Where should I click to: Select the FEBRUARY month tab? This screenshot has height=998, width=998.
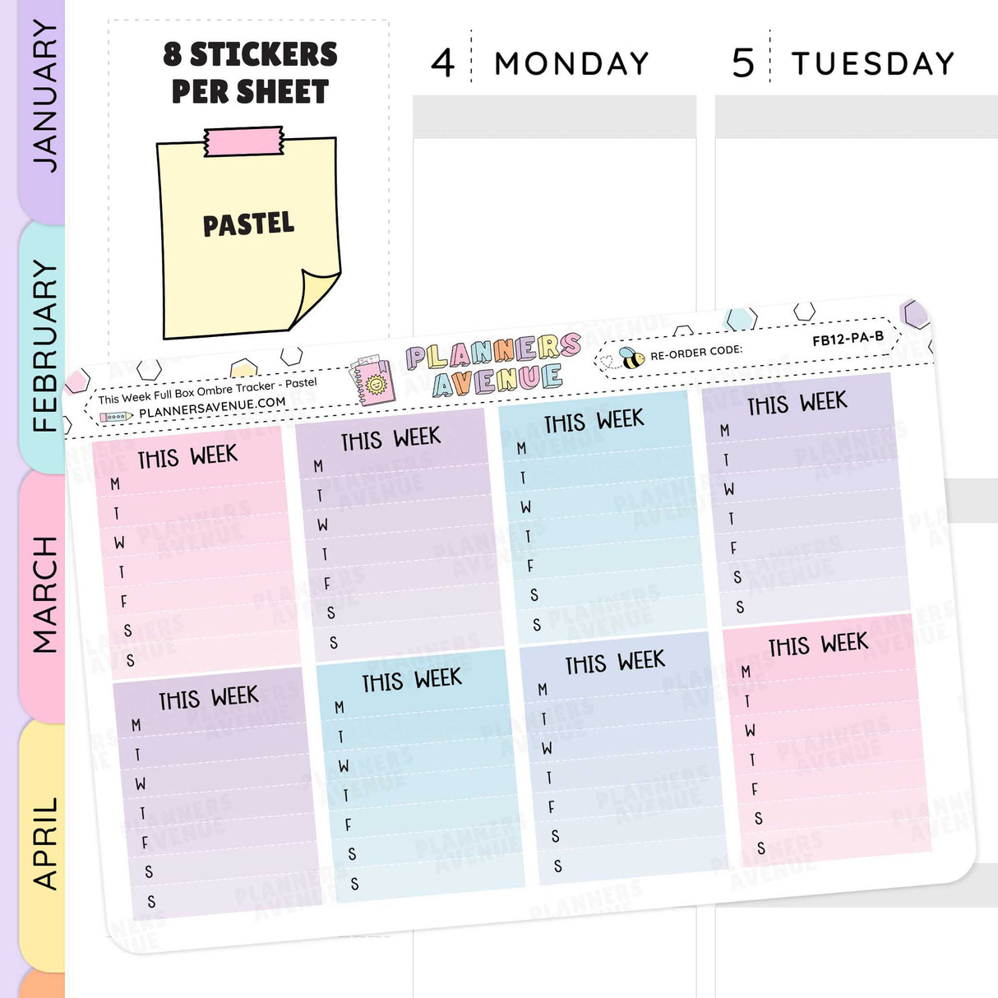(43, 345)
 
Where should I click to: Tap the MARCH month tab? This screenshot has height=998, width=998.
(43, 594)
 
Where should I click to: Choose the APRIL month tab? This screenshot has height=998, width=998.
(43, 843)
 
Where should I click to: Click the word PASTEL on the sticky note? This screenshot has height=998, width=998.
(248, 224)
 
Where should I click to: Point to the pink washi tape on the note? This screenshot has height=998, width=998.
(244, 142)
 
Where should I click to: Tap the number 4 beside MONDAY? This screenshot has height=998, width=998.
(442, 63)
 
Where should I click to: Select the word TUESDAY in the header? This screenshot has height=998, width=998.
(872, 63)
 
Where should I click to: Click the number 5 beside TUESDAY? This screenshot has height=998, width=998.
(742, 63)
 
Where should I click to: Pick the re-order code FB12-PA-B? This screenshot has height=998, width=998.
(848, 338)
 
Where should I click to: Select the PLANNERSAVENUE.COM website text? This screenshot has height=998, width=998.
(212, 407)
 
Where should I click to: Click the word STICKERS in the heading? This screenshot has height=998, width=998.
(263, 54)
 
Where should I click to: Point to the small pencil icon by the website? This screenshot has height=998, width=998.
(115, 417)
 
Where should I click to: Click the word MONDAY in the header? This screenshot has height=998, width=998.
(571, 63)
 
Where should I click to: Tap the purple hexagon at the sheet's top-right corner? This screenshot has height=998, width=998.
(914, 313)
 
